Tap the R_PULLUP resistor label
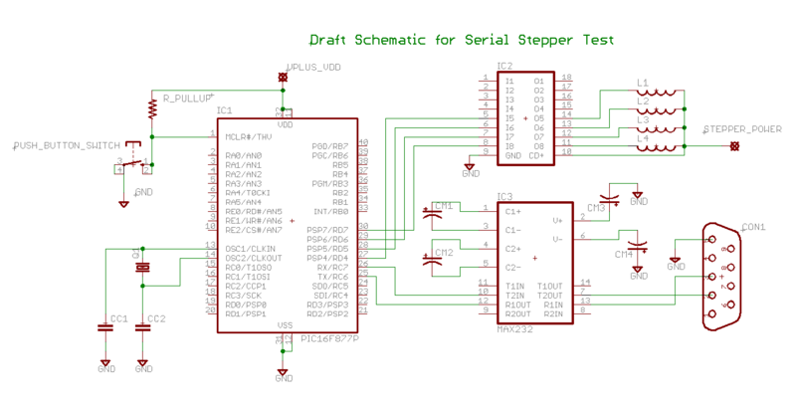coord(187,99)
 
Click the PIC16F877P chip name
coord(329,339)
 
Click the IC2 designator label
coord(504,67)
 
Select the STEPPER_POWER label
coord(742,130)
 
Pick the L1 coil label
coord(643,83)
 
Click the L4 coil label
coord(643,137)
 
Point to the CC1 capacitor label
coord(118,318)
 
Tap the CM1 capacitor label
coord(443,206)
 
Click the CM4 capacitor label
coord(624,255)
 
